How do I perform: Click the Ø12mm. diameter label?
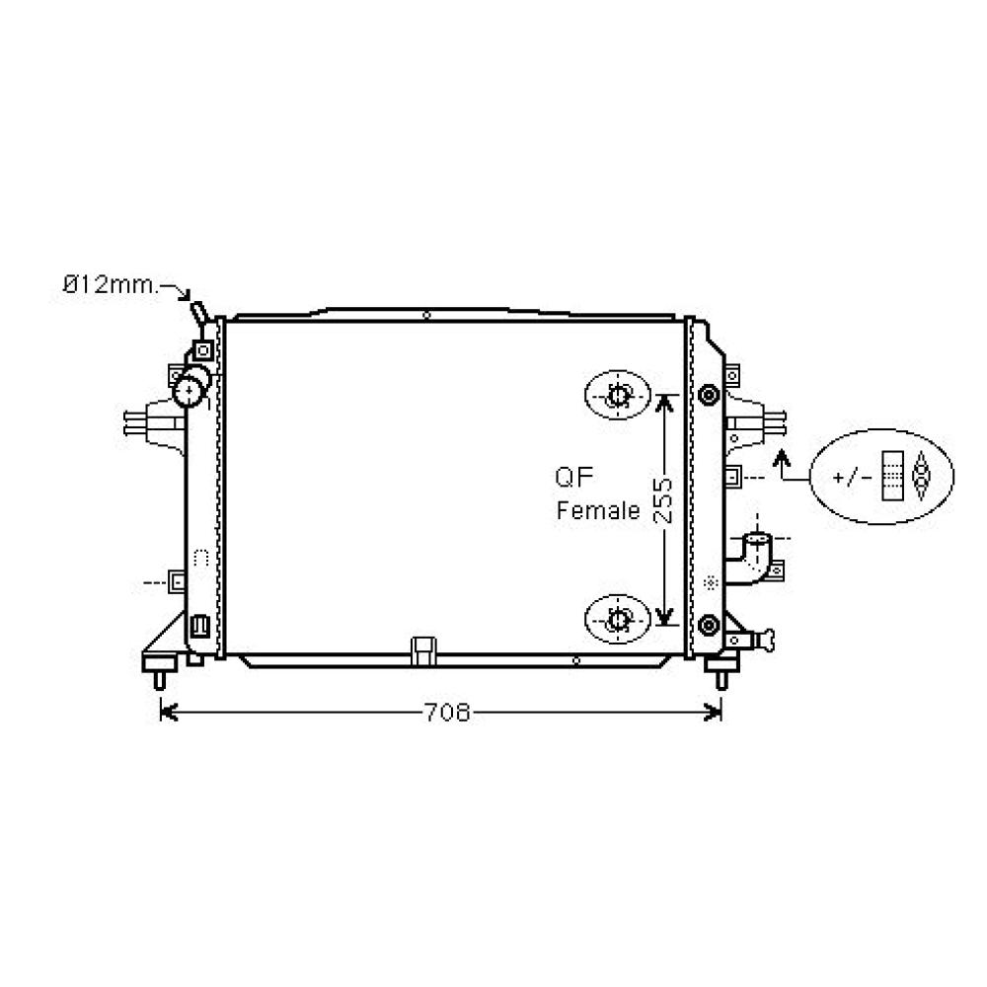coord(108,286)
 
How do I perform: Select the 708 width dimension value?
coord(447,712)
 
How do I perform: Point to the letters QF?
coord(572,479)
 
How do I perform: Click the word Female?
coord(598,511)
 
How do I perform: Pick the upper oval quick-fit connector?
coord(619,397)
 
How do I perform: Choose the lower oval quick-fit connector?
coord(619,619)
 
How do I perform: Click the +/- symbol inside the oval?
coord(853,478)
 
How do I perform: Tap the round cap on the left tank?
coord(189,392)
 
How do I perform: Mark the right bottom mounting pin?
coord(721,679)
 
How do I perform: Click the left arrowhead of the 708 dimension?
coord(167,712)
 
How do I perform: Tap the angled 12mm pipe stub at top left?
coord(199,312)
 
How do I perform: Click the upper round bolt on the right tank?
coord(708,396)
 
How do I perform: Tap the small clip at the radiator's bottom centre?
coord(424,649)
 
